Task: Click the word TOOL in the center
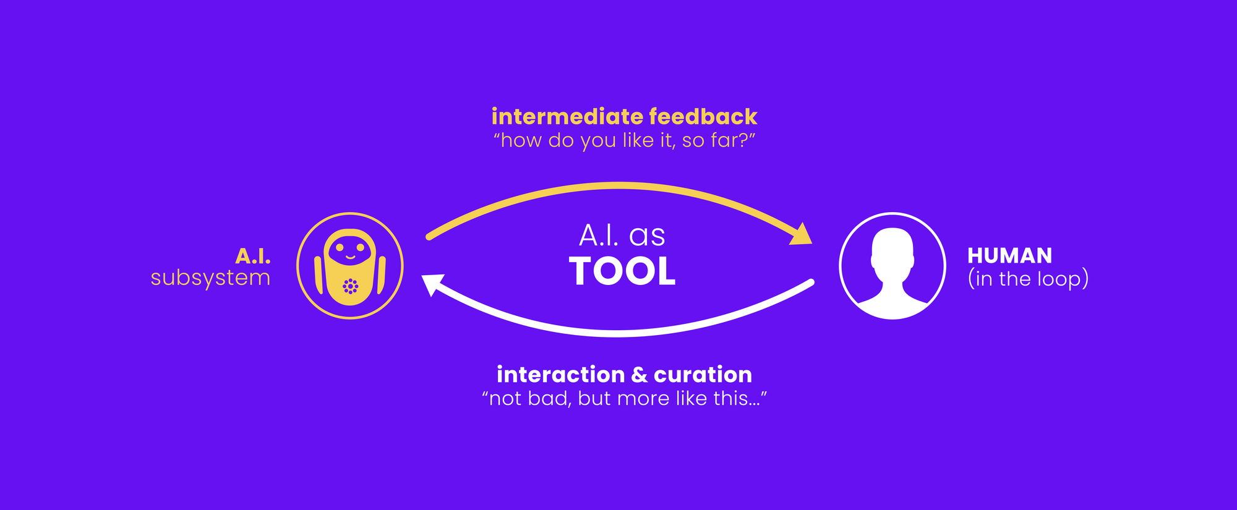622,272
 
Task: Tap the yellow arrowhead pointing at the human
802,235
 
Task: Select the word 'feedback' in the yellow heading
703,117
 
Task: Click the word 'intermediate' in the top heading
567,117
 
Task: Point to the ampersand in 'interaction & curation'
640,375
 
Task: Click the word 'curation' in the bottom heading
703,375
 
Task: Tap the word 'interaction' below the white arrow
560,375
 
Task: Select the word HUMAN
1009,255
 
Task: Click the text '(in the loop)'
1028,279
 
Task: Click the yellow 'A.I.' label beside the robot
253,256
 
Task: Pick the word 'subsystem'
210,278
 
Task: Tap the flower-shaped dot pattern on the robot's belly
351,286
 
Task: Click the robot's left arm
319,275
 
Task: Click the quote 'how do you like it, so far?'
624,141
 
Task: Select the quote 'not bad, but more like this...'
624,399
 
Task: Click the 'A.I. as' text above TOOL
622,236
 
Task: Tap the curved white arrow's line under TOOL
618,333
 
